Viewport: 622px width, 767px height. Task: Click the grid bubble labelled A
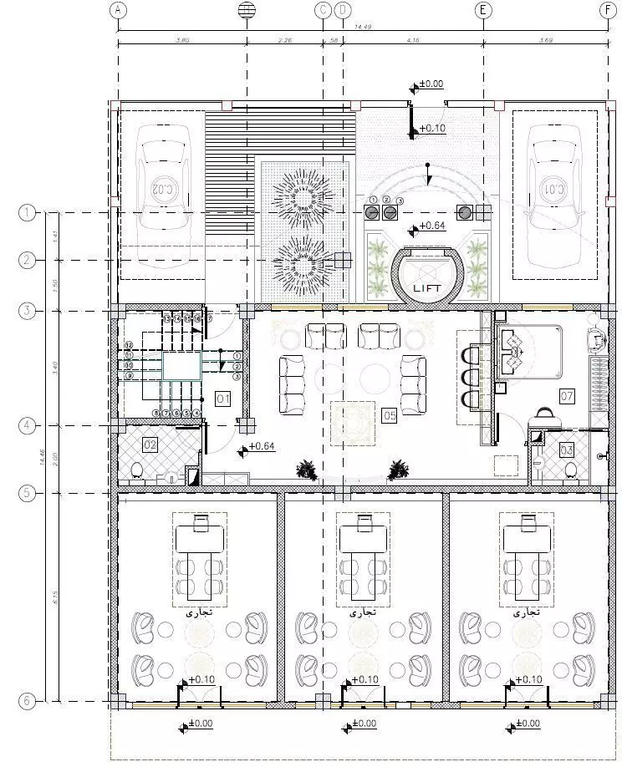(x=118, y=10)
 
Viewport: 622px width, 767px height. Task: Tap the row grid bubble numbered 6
(x=27, y=701)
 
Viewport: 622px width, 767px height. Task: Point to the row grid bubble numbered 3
(x=27, y=312)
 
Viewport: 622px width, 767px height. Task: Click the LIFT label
(x=426, y=287)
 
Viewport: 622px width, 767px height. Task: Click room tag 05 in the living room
(x=389, y=413)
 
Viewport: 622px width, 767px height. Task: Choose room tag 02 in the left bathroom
(x=150, y=444)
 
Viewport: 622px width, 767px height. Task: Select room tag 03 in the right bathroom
(x=567, y=450)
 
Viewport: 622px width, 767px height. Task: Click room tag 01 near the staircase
(x=222, y=399)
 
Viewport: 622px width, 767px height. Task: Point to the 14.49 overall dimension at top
(x=361, y=28)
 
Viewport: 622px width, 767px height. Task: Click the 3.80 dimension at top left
(x=181, y=38)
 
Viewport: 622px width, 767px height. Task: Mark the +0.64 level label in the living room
(x=262, y=446)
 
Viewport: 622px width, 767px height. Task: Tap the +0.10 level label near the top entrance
(x=432, y=128)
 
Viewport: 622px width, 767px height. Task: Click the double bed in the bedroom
(x=530, y=350)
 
